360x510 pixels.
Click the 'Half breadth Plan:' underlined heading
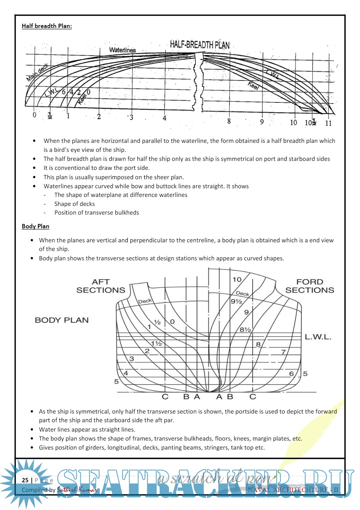[47, 26]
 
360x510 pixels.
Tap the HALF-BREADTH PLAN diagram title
[200, 45]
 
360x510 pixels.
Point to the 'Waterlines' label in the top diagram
[122, 50]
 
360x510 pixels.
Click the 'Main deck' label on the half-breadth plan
[37, 72]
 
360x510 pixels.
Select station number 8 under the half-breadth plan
[229, 121]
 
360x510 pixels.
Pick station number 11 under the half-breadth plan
[328, 123]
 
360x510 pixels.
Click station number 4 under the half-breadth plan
[164, 118]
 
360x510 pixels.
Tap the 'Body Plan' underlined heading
[35, 226]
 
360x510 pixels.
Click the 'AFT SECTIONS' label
[101, 286]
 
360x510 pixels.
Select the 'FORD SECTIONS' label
[310, 286]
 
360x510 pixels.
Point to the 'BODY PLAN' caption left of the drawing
[62, 320]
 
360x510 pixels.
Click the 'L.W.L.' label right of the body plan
[318, 337]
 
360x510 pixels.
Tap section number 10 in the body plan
[237, 280]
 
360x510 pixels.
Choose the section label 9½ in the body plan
[236, 301]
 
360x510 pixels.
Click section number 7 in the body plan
[283, 352]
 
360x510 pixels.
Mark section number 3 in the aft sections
[132, 359]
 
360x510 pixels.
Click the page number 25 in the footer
[25, 480]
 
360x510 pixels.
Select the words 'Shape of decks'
[74, 204]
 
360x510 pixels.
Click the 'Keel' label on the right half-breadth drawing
[253, 86]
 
